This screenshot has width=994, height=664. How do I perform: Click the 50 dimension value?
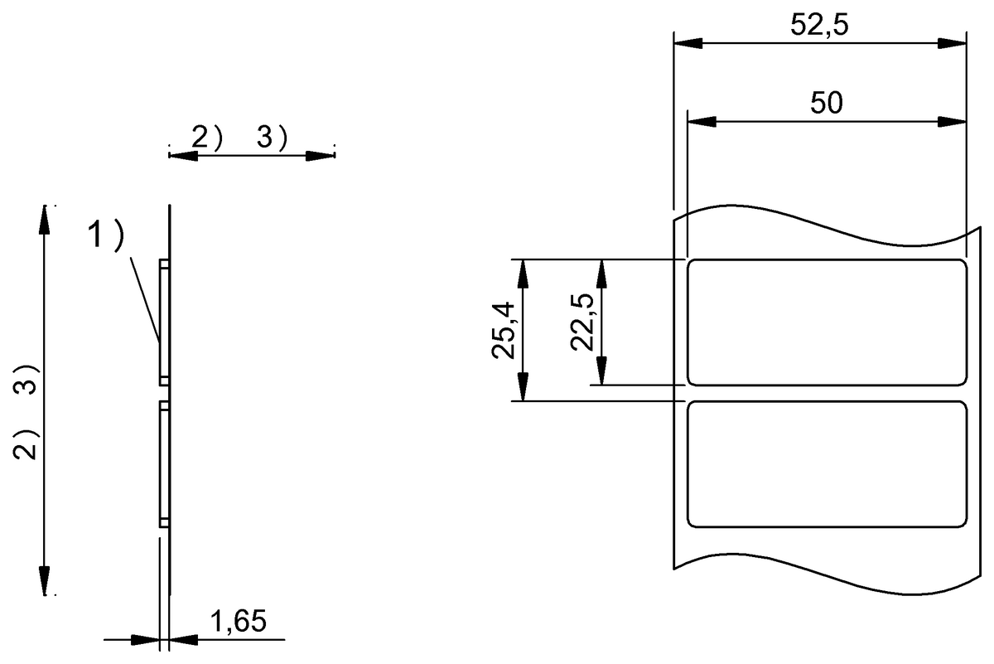tap(826, 103)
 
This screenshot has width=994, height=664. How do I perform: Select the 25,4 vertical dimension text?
tap(504, 330)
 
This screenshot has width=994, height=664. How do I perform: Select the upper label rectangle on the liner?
tap(828, 322)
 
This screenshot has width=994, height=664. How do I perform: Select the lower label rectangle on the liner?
tap(828, 463)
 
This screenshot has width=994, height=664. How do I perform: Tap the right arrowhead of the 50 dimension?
tap(953, 122)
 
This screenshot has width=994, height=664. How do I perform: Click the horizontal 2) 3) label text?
tap(239, 139)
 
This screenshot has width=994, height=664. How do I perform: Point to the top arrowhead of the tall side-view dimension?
tap(45, 219)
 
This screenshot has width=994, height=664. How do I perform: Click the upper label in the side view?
tap(164, 322)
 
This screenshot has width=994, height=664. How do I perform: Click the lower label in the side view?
tap(164, 464)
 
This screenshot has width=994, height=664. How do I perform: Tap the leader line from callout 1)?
tap(146, 294)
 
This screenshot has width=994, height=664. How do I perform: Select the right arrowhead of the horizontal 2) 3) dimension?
tap(320, 156)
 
